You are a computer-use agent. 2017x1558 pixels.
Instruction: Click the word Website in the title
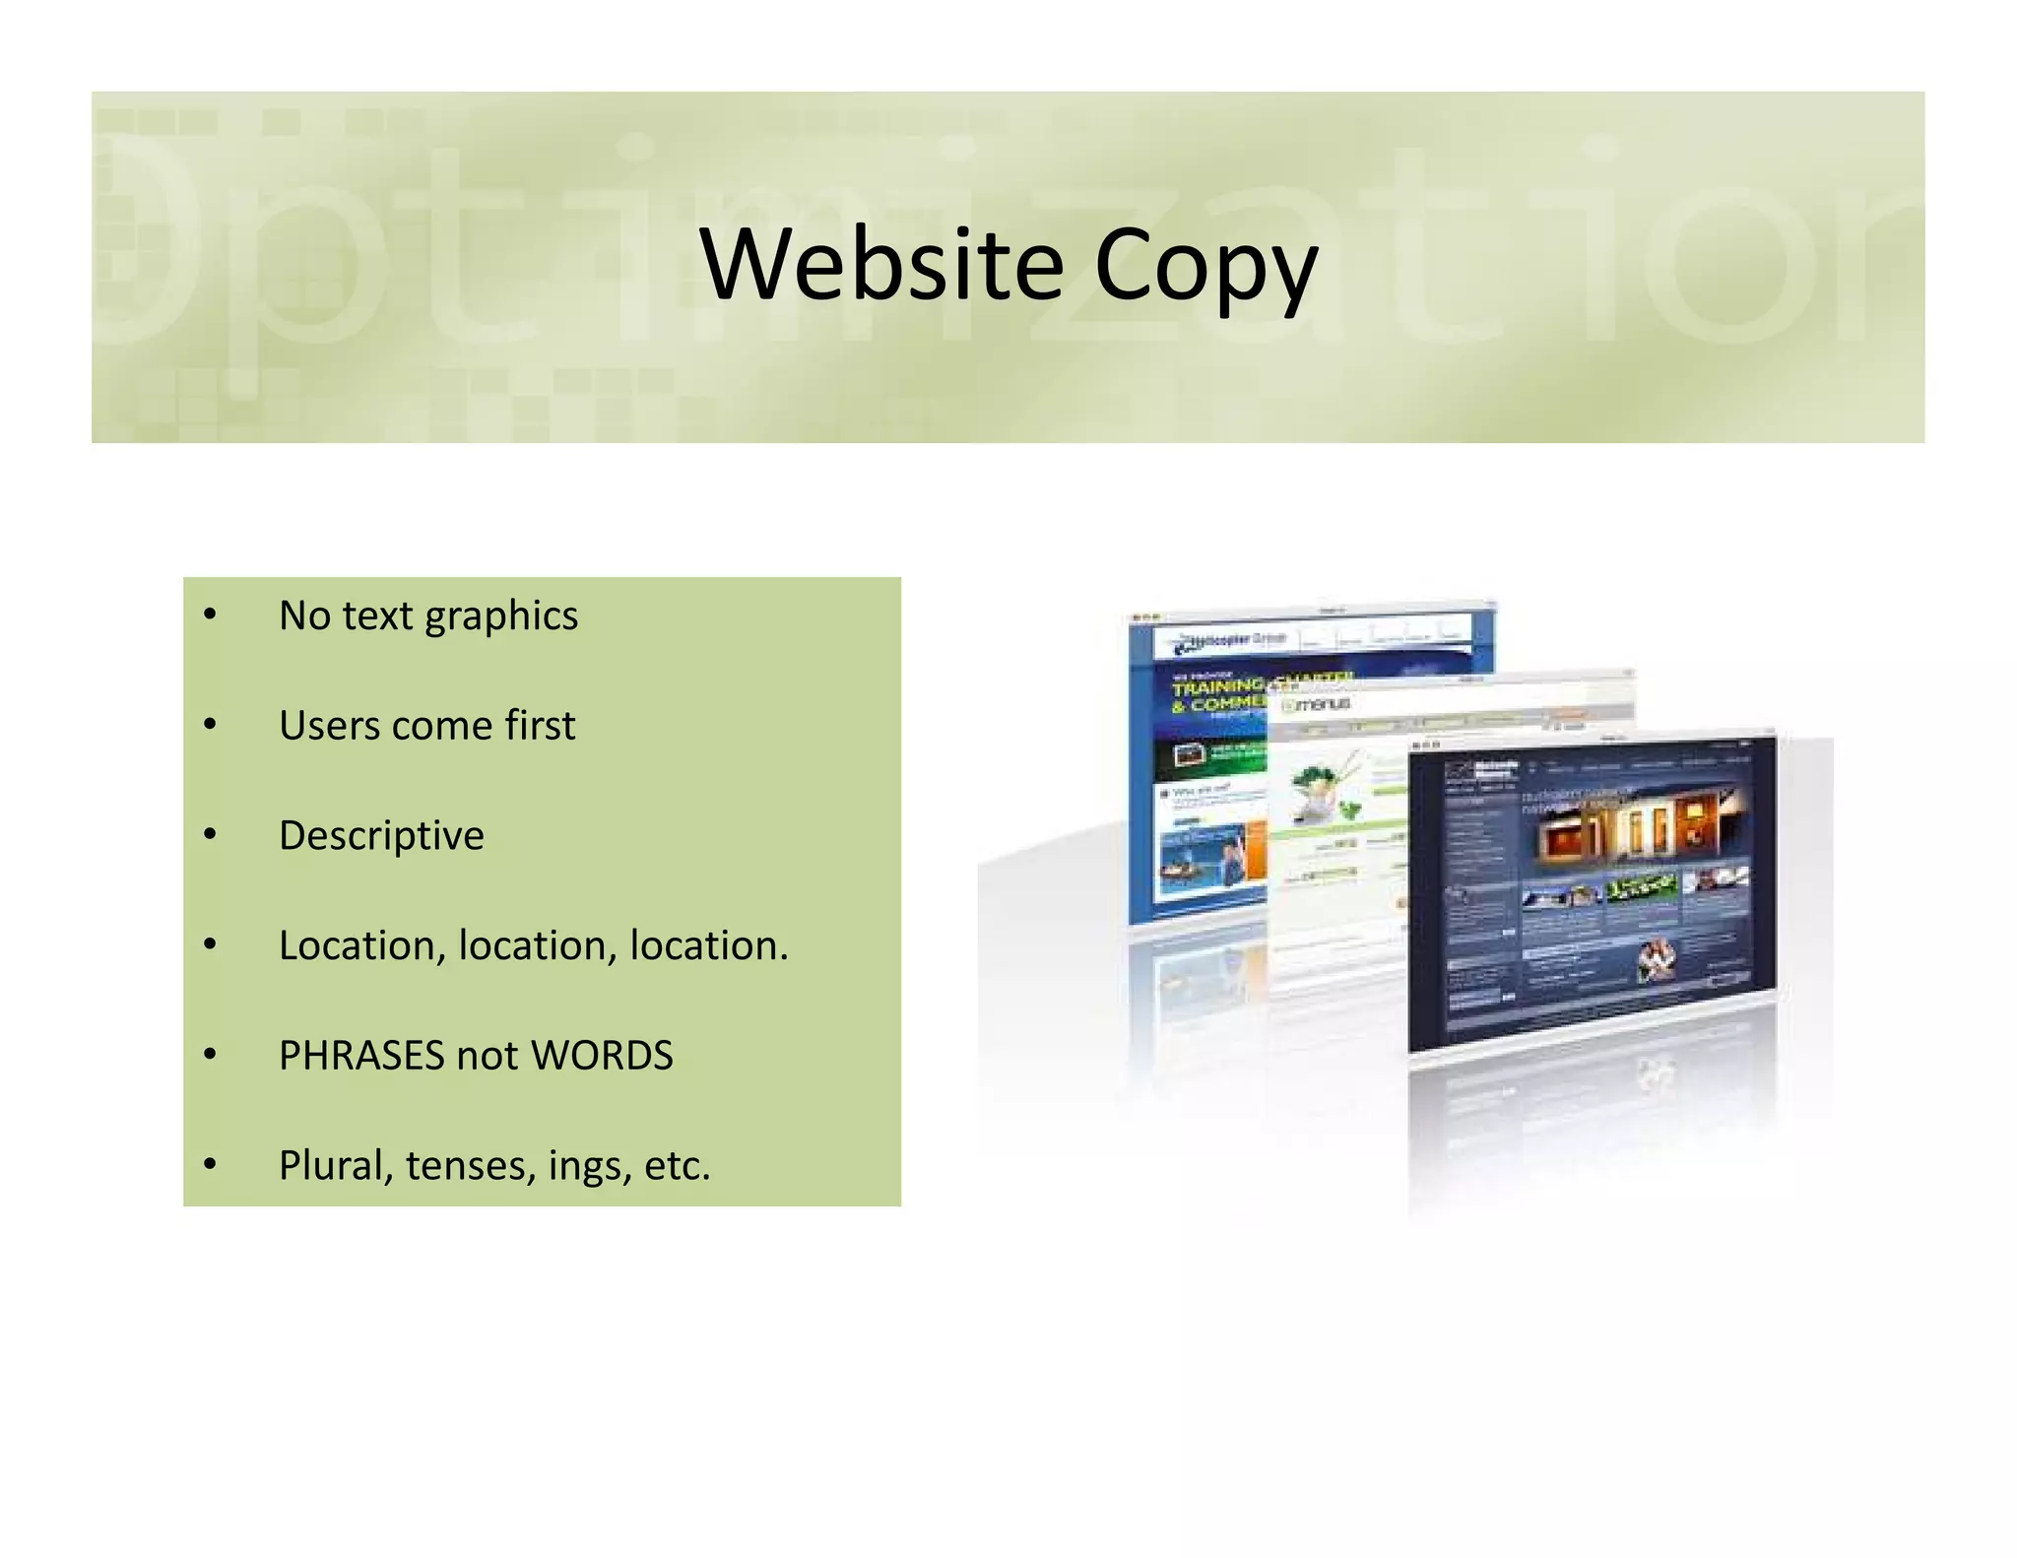(881, 264)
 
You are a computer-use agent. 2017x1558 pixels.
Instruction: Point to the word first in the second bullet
(540, 726)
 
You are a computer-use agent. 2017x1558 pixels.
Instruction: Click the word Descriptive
(381, 836)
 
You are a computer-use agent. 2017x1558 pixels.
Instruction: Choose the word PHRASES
(360, 1056)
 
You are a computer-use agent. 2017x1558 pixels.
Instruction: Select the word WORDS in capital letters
(602, 1056)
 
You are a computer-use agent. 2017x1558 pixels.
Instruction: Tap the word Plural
(335, 1165)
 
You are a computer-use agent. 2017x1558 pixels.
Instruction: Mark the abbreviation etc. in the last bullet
(677, 1165)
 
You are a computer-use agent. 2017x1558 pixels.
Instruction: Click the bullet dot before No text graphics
(209, 616)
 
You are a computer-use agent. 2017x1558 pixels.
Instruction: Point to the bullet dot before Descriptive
(209, 835)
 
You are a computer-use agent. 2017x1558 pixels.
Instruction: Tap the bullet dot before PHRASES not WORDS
(209, 1055)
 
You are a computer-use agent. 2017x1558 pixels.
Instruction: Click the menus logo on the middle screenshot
(1316, 705)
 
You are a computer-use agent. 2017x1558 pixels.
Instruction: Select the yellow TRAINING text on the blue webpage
(1217, 685)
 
